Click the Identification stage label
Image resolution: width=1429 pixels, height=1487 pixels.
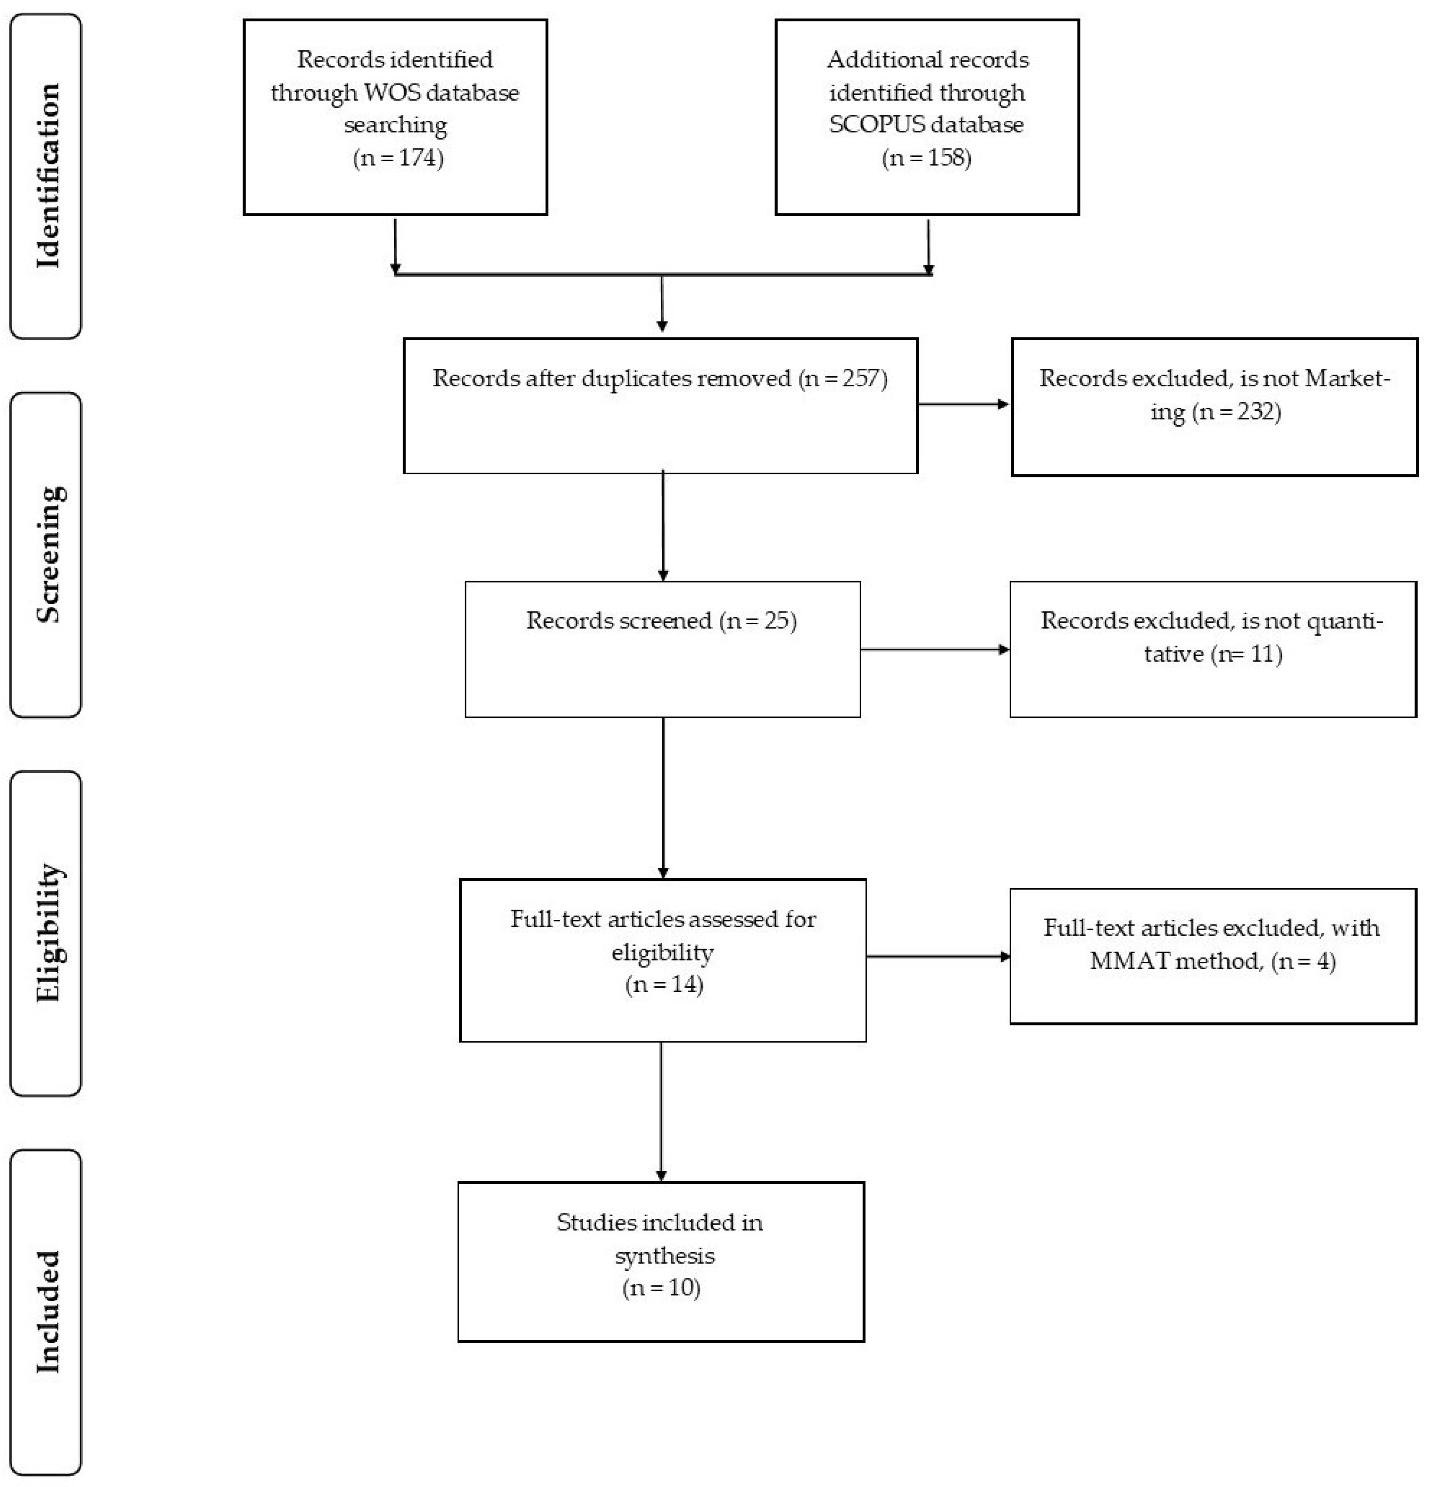click(47, 175)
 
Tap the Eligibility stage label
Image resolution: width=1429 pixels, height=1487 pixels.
click(47, 933)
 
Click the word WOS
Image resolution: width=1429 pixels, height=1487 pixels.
click(392, 93)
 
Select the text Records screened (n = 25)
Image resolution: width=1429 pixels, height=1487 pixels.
click(661, 621)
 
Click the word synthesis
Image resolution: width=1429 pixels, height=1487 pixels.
click(665, 1256)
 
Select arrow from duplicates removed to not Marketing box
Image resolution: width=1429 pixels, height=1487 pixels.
click(964, 404)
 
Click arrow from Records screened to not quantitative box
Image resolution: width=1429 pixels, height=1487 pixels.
click(934, 649)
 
